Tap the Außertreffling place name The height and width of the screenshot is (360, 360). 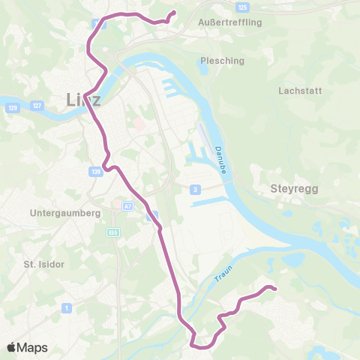point(229,22)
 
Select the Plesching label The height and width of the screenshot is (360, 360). point(219,61)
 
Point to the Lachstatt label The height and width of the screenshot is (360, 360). point(299,91)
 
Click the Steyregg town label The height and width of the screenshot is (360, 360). point(294,190)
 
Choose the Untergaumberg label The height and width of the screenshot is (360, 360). point(65,213)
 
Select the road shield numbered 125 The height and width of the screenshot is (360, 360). point(241,7)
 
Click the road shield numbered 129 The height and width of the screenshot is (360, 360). point(12,109)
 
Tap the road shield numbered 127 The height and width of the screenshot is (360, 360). point(36,107)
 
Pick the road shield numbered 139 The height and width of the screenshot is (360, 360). point(95,172)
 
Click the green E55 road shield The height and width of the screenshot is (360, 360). point(113,232)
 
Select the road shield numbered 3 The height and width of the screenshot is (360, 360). point(195,189)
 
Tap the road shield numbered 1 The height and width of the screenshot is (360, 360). point(67,307)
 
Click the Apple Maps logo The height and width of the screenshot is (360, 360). point(27,347)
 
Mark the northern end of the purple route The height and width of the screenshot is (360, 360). point(174,12)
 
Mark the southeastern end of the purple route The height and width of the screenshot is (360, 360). point(275,289)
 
